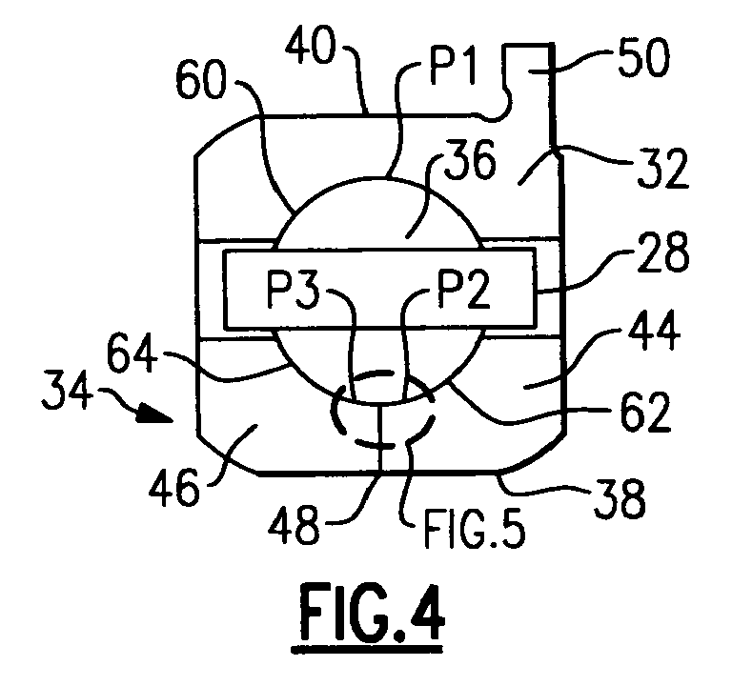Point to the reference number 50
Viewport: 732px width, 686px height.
tap(643, 57)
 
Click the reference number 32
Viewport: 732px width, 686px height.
tap(663, 168)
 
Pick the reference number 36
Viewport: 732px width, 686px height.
tap(470, 159)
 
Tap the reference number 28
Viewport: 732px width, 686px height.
tap(663, 252)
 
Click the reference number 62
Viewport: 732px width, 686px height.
tap(645, 412)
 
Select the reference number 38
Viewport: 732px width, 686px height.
tap(620, 498)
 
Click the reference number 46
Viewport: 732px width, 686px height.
tap(174, 487)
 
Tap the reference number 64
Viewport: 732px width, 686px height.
tap(132, 353)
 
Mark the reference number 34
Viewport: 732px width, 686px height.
tap(67, 390)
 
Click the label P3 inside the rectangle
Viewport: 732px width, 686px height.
tap(293, 290)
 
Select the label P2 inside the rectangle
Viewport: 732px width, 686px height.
tap(463, 290)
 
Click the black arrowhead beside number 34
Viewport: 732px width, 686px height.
tap(155, 414)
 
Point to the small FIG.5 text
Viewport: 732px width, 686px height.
tap(475, 529)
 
